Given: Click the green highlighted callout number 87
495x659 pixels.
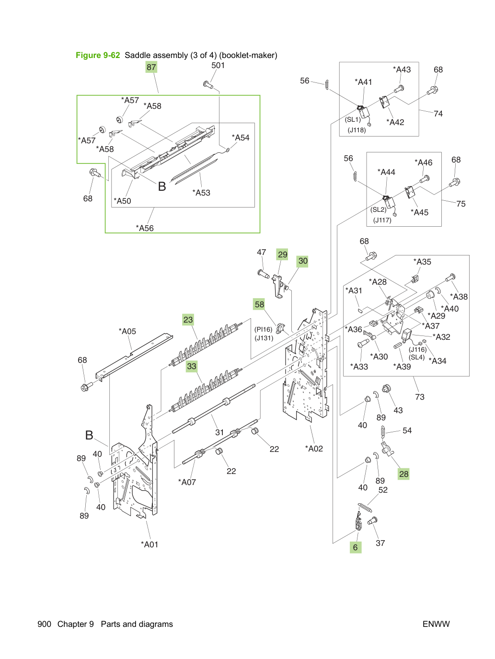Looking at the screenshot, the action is pyautogui.click(x=151, y=67).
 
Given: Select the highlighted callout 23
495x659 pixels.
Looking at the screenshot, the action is pyautogui.click(x=188, y=320).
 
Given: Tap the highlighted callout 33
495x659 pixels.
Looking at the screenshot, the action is pyautogui.click(x=192, y=366).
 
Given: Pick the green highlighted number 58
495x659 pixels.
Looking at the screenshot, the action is pyautogui.click(x=259, y=304).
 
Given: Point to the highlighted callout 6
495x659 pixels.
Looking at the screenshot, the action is pyautogui.click(x=356, y=547).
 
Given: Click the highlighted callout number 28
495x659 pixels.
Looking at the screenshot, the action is pyautogui.click(x=403, y=474).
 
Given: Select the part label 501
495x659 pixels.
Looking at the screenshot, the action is pyautogui.click(x=218, y=66).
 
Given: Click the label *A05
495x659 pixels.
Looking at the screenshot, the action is pyautogui.click(x=127, y=331).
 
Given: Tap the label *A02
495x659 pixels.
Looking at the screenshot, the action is pyautogui.click(x=314, y=449).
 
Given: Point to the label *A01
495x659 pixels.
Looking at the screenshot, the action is pyautogui.click(x=150, y=544).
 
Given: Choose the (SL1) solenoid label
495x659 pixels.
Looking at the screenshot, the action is pyautogui.click(x=353, y=119).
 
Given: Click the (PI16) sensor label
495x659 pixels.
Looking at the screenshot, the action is pyautogui.click(x=263, y=329).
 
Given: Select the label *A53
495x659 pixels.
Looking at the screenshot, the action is pyautogui.click(x=201, y=193).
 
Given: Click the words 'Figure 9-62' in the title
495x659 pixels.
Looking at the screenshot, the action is pyautogui.click(x=98, y=55).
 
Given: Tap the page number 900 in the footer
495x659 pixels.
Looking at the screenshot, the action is pyautogui.click(x=45, y=624).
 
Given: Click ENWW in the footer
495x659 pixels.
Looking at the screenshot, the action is pyautogui.click(x=436, y=624).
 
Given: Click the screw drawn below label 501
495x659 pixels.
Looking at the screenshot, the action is pyautogui.click(x=207, y=84).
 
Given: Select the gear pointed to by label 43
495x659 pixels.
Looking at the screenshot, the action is pyautogui.click(x=385, y=389).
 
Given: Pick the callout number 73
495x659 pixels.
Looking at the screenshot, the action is pyautogui.click(x=420, y=397).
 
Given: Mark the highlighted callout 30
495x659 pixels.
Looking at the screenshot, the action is pyautogui.click(x=302, y=261).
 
